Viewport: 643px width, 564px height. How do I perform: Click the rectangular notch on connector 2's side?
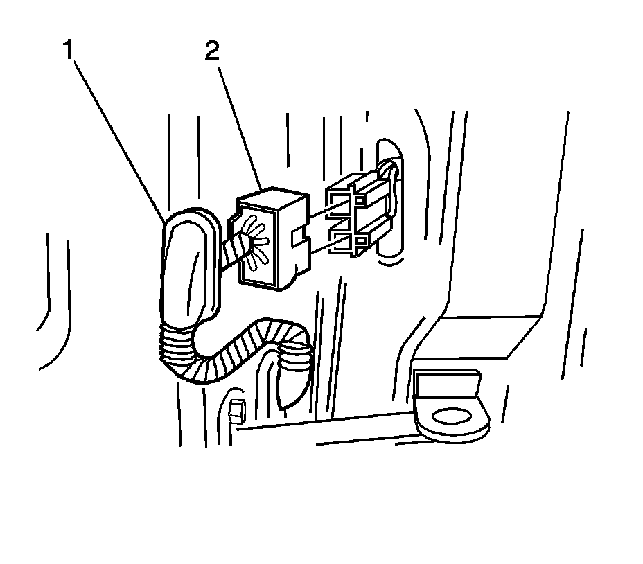click(300, 238)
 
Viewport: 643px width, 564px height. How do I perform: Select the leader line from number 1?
click(118, 132)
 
